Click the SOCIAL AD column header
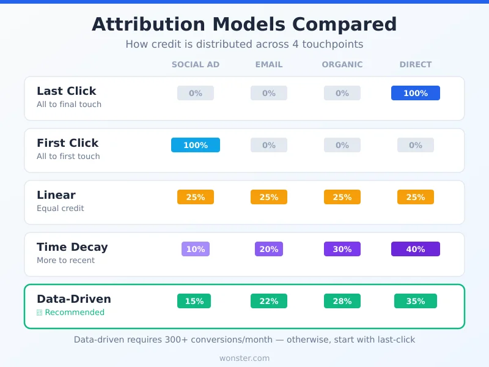196,64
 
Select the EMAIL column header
269,64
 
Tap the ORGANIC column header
342,64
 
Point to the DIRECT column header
416,64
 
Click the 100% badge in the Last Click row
416,93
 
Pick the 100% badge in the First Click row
196,145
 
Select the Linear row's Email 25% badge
269,197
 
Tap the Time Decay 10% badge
196,249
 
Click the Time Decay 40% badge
416,249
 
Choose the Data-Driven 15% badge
194,301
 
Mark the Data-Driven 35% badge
416,301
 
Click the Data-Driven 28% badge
342,301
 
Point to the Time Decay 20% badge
269,249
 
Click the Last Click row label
67,91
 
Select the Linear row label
56,195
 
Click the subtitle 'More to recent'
66,261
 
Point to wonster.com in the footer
244,358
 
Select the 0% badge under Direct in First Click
416,145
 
